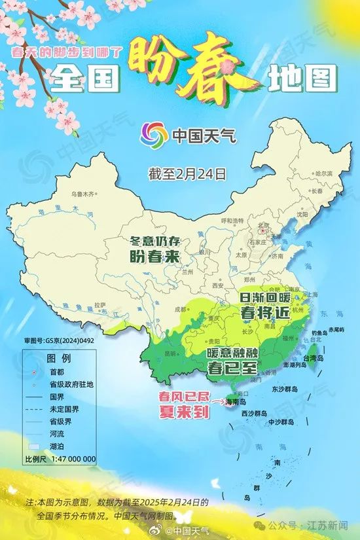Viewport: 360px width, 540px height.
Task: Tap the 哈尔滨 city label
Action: (324, 173)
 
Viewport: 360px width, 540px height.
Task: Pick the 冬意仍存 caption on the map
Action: (154, 240)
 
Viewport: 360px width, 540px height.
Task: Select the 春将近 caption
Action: (264, 313)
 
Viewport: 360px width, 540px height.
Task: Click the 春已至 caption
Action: (233, 367)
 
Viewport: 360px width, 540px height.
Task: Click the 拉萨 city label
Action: (99, 304)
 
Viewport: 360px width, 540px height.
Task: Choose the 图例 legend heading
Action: (59, 359)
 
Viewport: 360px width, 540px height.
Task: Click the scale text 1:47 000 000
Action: (69, 459)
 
